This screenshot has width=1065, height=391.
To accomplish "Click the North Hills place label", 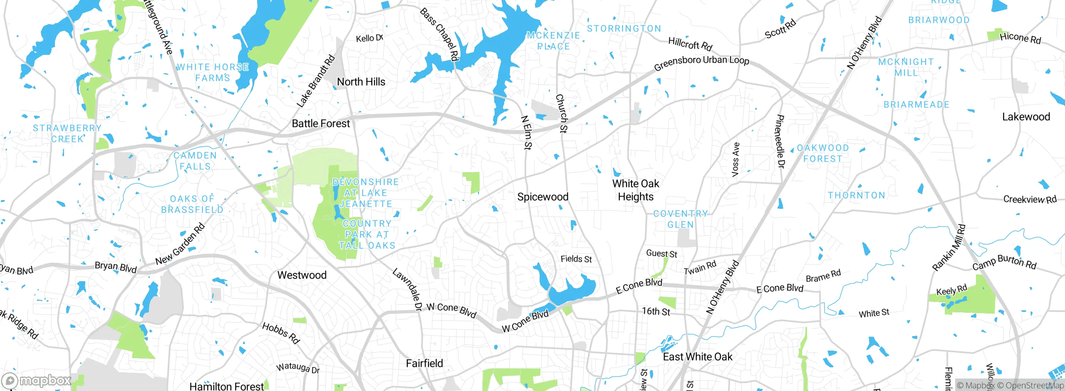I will tap(361, 82).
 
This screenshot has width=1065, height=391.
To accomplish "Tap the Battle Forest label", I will tap(321, 124).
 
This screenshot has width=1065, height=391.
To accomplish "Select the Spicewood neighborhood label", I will tap(542, 197).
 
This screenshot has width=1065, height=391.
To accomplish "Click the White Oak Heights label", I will tap(635, 190).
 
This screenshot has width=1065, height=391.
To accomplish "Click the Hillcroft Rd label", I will tap(690, 43).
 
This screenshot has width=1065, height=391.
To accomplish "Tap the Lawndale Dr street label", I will tap(407, 290).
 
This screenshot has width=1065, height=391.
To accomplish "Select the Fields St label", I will tap(576, 259).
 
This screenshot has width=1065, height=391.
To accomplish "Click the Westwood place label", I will tap(302, 275).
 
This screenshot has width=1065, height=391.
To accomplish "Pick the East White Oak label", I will tap(697, 357).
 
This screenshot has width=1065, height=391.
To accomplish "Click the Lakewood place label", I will tap(1026, 117).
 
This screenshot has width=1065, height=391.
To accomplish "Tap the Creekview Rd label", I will tap(1030, 199).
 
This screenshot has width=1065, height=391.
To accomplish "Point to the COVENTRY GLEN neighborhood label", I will tap(680, 219).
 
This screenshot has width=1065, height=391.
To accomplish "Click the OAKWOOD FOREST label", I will tap(822, 153).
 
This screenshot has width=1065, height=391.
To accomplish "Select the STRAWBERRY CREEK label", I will tap(67, 134).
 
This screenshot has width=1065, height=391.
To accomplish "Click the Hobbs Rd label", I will tap(281, 333).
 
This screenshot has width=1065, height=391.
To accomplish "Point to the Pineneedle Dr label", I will tap(780, 142).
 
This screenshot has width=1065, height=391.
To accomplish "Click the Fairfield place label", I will tap(424, 364).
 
